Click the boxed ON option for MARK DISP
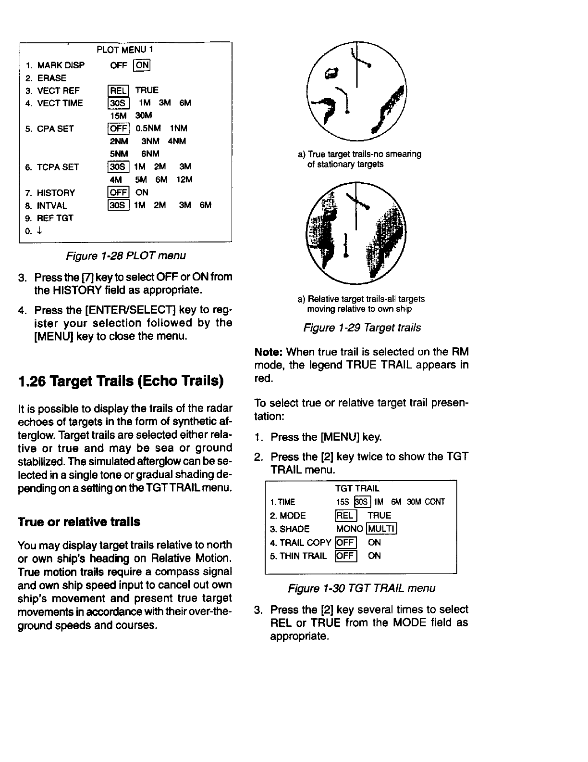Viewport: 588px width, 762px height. [x=142, y=65]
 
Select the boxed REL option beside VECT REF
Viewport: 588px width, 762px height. [x=118, y=90]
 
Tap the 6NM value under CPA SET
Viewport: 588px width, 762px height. [x=150, y=154]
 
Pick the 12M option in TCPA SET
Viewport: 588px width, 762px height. [x=184, y=179]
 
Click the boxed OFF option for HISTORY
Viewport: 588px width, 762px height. [x=118, y=192]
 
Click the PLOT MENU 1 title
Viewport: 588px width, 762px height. [x=125, y=50]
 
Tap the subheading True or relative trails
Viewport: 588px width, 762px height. [x=79, y=522]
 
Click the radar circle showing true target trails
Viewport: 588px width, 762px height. [x=356, y=90]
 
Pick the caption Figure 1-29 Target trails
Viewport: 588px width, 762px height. [x=362, y=328]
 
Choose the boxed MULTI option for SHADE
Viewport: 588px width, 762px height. [x=382, y=529]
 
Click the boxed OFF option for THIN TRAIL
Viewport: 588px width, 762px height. [x=345, y=556]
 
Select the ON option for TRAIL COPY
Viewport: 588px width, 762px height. [x=374, y=543]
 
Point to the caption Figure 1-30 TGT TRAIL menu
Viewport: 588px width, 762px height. [x=361, y=588]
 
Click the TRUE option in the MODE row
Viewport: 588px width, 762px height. [x=380, y=516]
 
